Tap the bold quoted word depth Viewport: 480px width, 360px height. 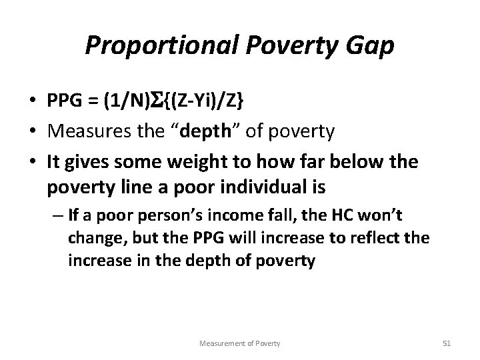(217, 131)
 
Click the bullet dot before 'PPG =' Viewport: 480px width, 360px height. (33, 101)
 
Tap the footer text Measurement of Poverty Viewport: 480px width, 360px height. (240, 343)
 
